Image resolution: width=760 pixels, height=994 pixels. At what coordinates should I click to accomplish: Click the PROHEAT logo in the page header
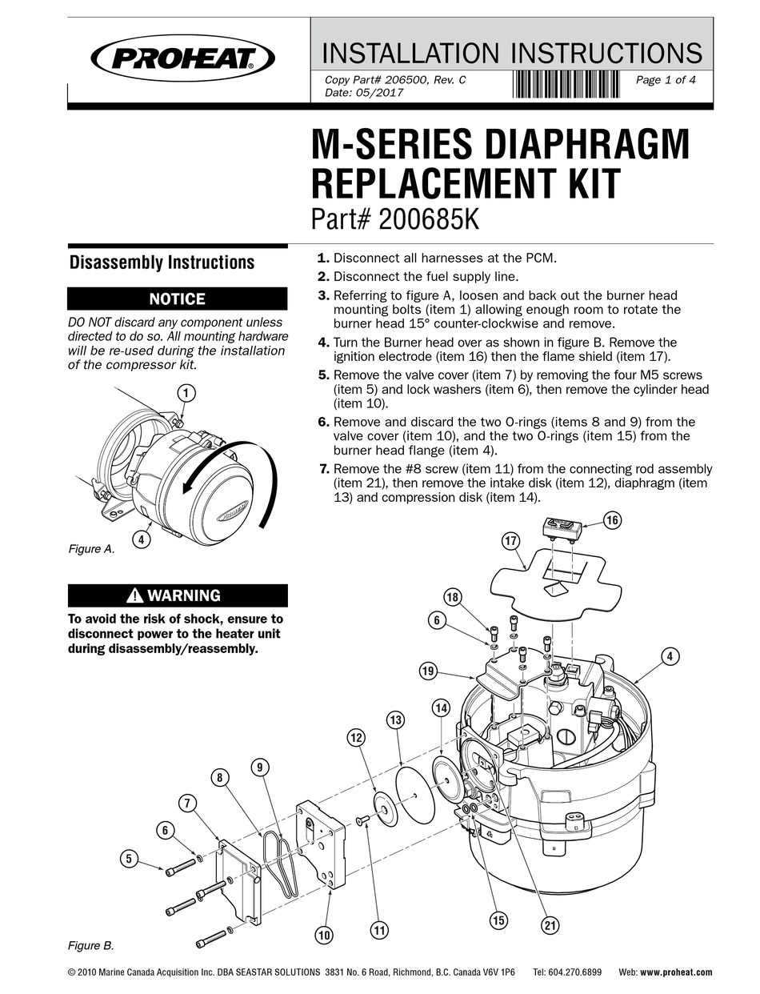[x=183, y=57]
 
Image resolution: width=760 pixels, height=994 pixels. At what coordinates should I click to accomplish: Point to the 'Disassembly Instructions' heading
[x=162, y=263]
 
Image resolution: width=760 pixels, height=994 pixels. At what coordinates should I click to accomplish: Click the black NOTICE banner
[x=178, y=299]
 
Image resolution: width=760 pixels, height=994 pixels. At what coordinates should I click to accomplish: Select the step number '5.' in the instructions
[x=323, y=375]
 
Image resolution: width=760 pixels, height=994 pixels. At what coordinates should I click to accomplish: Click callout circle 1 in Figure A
[x=186, y=393]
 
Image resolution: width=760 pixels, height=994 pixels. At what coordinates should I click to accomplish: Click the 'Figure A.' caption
[x=90, y=549]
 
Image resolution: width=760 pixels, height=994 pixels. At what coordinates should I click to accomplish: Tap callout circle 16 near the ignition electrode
[x=612, y=520]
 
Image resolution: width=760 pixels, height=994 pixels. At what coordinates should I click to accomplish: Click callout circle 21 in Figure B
[x=550, y=925]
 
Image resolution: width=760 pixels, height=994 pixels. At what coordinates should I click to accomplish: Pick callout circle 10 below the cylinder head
[x=323, y=934]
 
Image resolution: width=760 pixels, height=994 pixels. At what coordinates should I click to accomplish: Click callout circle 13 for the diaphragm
[x=394, y=720]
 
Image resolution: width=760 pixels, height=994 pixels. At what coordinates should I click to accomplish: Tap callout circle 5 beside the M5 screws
[x=128, y=859]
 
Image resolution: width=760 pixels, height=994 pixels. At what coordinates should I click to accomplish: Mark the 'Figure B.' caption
[x=90, y=946]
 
